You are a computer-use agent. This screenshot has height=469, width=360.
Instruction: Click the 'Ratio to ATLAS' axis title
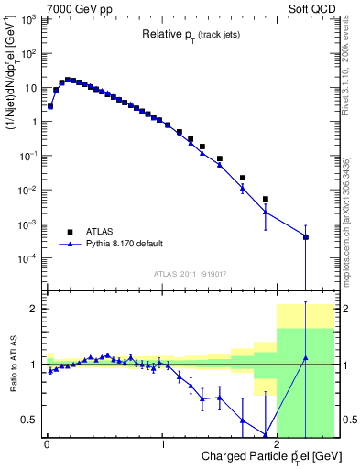[12, 366]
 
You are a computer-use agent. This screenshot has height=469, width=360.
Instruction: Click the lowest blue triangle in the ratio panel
[266, 435]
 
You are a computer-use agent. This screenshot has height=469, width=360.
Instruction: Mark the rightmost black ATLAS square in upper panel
[306, 237]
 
